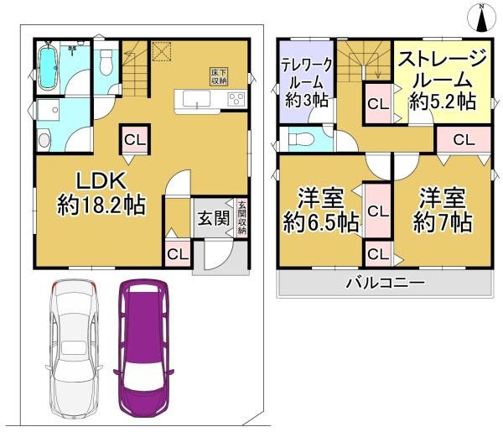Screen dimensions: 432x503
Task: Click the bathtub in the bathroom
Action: [x=49, y=69]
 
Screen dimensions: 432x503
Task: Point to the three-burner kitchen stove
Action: [x=234, y=100]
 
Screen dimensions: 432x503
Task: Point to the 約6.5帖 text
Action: [x=321, y=223]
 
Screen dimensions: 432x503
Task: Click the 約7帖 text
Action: [x=442, y=223]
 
